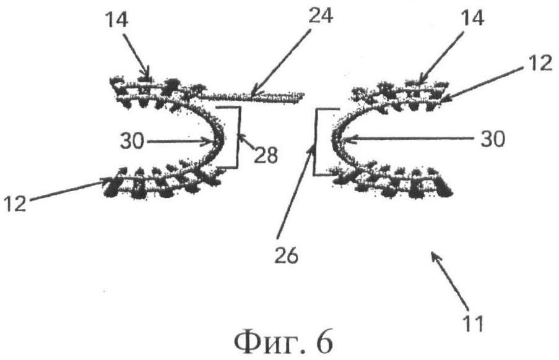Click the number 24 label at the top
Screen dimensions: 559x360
pos(321,15)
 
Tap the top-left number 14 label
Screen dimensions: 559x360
pos(116,19)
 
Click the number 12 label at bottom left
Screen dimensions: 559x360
pos(15,204)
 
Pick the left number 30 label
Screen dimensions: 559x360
pos(132,140)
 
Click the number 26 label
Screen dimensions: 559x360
pos(286,255)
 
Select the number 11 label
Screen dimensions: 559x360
pos(474,324)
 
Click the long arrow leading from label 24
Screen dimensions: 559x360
pos(280,62)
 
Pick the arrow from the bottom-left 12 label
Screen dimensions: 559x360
pos(67,191)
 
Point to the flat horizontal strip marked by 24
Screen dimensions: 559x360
pos(249,96)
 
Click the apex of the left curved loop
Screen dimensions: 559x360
pos(220,140)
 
